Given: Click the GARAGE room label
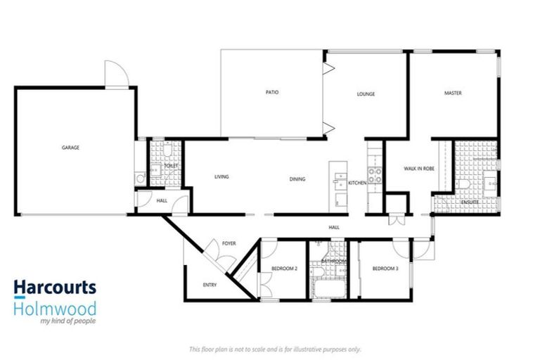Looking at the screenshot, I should (70, 148).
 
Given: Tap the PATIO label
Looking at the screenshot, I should (272, 93).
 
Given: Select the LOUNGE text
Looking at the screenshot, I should (366, 94).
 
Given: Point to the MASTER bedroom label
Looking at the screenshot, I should (452, 93).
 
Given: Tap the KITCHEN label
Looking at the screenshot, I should (357, 182).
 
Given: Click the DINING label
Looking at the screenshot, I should (297, 179).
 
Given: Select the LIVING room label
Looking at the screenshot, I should (222, 177).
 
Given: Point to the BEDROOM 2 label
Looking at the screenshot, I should (284, 269).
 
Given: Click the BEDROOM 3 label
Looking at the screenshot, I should (385, 269).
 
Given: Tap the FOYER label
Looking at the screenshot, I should (229, 244).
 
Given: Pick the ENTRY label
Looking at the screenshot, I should (210, 285).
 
